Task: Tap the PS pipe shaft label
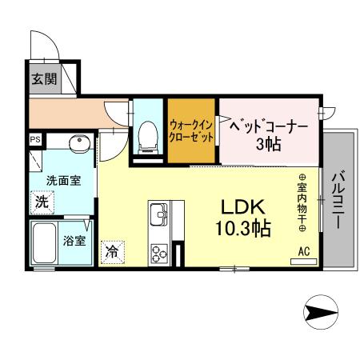[34, 138]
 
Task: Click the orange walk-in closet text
[191, 130]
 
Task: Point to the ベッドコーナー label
[269, 126]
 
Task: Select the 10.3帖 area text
[242, 227]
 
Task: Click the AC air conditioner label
[304, 251]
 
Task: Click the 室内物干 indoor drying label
[304, 203]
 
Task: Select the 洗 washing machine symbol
[42, 202]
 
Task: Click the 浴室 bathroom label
[76, 240]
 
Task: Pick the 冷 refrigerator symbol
[111, 251]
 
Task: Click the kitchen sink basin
[158, 217]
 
